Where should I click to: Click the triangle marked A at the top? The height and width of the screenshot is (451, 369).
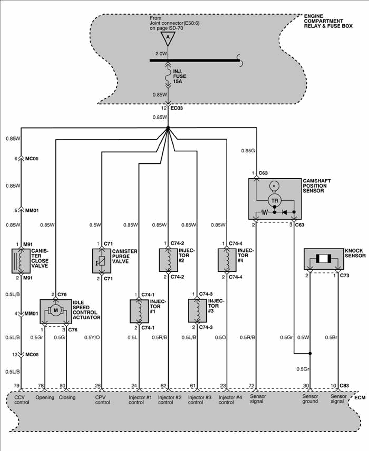click(x=168, y=38)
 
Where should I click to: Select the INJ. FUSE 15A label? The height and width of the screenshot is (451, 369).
click(x=180, y=78)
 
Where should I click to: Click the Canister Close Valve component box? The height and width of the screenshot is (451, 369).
click(x=21, y=261)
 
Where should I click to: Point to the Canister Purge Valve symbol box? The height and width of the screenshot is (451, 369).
click(x=101, y=261)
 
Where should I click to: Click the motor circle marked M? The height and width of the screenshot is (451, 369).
click(x=56, y=310)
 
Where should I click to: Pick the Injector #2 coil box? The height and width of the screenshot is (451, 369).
click(x=168, y=260)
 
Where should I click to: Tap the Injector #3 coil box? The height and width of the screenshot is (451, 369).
click(x=197, y=311)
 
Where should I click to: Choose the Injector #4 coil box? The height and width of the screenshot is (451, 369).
click(x=227, y=260)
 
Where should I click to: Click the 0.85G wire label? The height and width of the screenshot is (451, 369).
click(x=248, y=150)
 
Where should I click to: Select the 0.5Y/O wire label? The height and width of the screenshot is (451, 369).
click(x=92, y=337)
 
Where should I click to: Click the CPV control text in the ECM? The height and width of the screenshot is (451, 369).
click(x=102, y=400)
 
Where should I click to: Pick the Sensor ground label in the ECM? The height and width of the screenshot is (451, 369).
click(x=310, y=399)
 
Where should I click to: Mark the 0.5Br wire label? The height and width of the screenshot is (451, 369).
click(x=330, y=337)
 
